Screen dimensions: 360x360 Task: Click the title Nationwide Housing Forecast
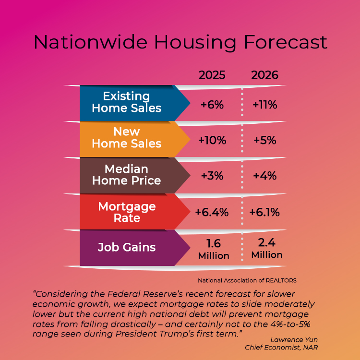coord(180,42)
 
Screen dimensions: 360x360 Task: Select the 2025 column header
coord(212,75)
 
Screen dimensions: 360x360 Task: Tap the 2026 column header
coord(265,75)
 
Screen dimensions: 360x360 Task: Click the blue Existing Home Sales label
coord(127,102)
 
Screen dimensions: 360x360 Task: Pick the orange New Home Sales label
coord(127,138)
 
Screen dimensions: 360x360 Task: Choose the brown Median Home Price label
coord(127,175)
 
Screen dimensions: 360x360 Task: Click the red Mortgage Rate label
coord(127,212)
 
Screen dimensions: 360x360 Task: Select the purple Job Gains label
coord(127,248)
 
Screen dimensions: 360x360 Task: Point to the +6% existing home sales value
coord(212,104)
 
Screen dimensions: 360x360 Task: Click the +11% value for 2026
coord(265,104)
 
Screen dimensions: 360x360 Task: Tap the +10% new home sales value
coord(212,140)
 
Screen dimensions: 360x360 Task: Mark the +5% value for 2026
coord(265,140)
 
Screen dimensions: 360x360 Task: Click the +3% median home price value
coord(212,176)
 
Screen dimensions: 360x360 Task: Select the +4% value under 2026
coord(265,176)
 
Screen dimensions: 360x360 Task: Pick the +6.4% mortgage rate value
coord(212,212)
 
